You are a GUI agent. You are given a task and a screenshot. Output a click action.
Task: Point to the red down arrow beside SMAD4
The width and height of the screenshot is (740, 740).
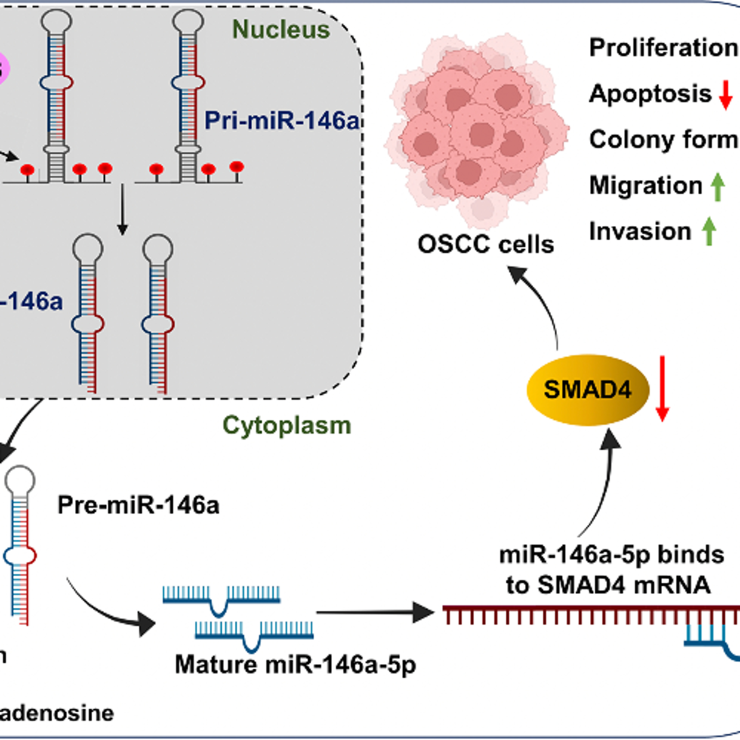point(662,388)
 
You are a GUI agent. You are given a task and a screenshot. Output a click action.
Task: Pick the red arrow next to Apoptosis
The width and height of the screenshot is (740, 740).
point(725,95)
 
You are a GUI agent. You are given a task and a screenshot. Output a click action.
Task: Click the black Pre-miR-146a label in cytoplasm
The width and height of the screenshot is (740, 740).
point(138,505)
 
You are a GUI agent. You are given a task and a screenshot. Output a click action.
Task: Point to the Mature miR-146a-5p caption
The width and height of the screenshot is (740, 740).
point(295,665)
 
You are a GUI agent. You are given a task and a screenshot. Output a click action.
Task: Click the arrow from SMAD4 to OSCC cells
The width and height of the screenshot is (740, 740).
point(540,303)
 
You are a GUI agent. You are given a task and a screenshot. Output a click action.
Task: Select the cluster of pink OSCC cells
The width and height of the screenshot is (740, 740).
point(477,130)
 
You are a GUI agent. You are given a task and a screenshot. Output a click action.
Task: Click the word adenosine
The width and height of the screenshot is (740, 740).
point(57,713)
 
